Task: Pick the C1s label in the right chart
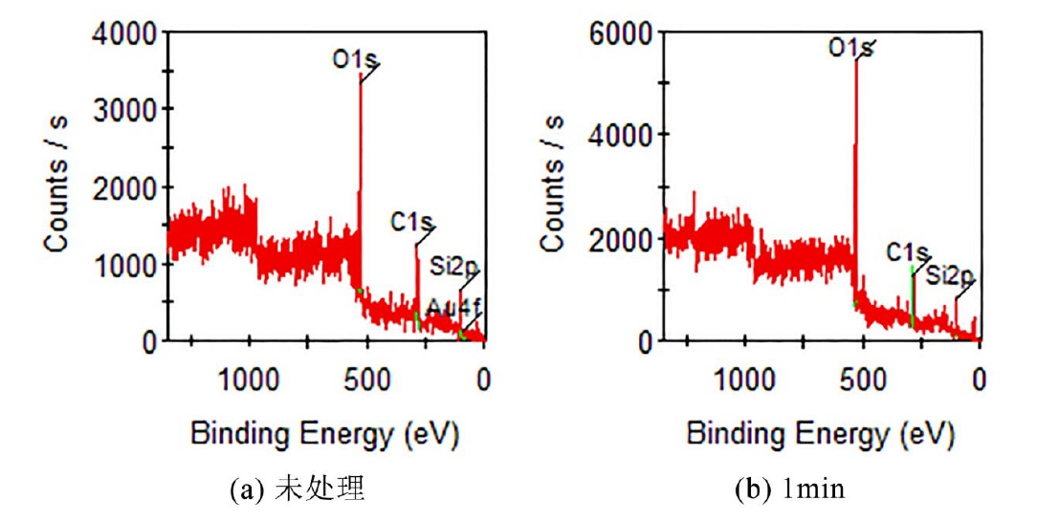click(x=907, y=252)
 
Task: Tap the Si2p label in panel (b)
click(x=949, y=276)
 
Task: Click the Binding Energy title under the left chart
click(x=325, y=435)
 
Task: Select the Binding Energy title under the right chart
click(x=821, y=435)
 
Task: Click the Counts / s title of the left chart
click(x=57, y=185)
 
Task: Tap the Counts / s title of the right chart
click(x=553, y=185)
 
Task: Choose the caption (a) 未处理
click(x=298, y=490)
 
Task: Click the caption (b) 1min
click(x=790, y=490)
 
